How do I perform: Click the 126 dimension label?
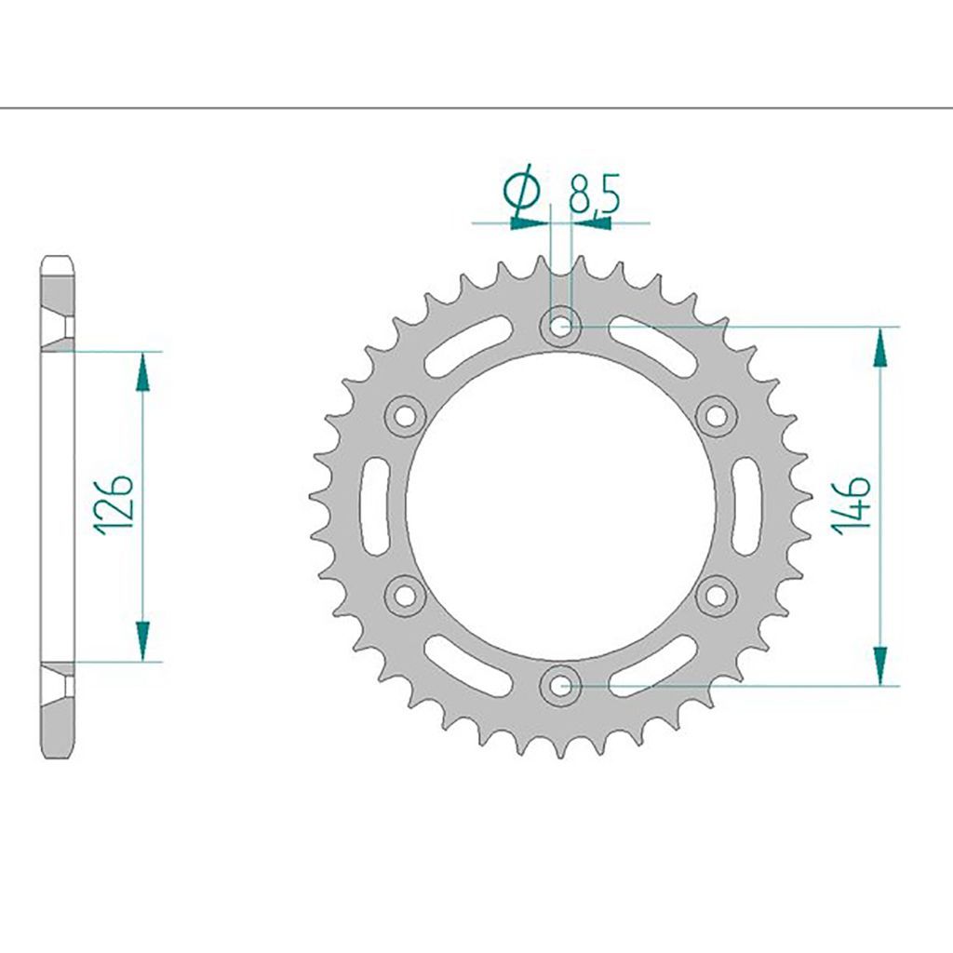[x=114, y=503]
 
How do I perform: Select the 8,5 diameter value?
[x=593, y=195]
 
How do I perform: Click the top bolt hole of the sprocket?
[x=559, y=327]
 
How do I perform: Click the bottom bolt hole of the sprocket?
[x=559, y=686]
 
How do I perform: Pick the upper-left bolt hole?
[x=405, y=416]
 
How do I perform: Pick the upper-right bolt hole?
[x=716, y=416]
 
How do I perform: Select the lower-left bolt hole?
[x=405, y=596]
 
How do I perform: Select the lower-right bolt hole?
[x=716, y=596]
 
